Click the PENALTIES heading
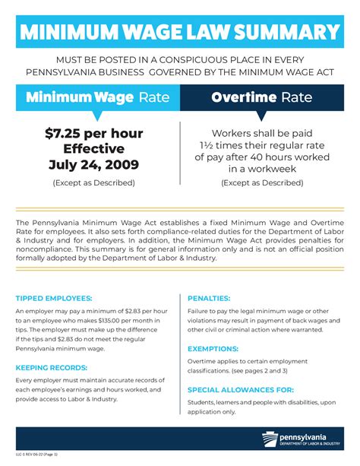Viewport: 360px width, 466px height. coord(209,298)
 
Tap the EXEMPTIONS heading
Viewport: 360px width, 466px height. coord(213,348)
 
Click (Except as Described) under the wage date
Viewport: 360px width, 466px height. coord(93,182)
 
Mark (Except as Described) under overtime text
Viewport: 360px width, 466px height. coord(262,182)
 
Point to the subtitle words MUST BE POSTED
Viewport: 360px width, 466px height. coord(99,59)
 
